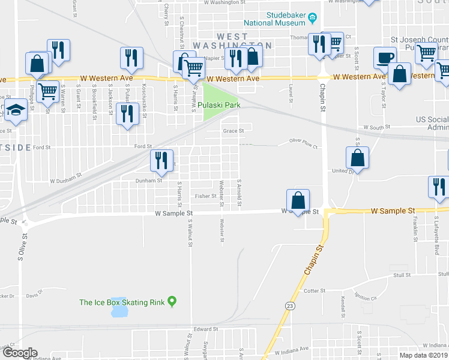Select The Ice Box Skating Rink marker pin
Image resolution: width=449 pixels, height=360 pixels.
click(173, 301)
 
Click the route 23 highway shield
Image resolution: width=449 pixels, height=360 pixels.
click(290, 306)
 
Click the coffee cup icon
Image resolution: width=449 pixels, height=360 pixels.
click(384, 58)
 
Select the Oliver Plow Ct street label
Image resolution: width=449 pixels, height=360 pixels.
click(303, 144)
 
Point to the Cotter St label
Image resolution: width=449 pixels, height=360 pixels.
click(315, 290)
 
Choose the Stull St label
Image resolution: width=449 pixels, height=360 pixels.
click(401, 275)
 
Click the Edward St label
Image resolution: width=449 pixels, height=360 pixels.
click(205, 329)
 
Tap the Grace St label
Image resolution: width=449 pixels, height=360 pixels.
click(234, 130)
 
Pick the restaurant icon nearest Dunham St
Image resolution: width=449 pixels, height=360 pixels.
click(160, 160)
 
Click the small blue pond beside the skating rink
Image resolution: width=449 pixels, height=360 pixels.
click(119, 308)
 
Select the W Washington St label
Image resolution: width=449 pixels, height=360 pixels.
click(226, 2)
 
